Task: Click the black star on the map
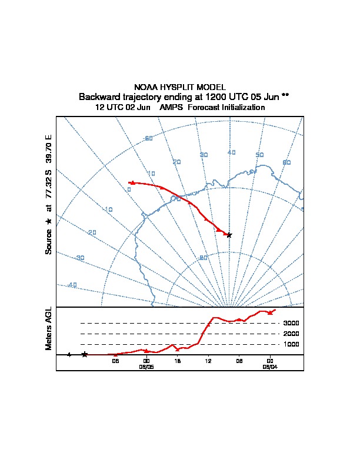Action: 229,235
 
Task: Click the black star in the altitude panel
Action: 85,354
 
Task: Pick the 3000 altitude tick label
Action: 291,323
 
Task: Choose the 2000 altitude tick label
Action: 291,334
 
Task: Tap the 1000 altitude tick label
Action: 291,344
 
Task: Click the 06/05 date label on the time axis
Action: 146,366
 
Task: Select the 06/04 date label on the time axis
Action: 270,366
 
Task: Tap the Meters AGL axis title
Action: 49,328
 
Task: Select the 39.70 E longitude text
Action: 49,150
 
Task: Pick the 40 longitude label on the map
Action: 231,152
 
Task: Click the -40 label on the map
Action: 72,285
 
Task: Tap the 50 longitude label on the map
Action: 259,155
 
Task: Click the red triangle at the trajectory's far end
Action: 132,182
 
